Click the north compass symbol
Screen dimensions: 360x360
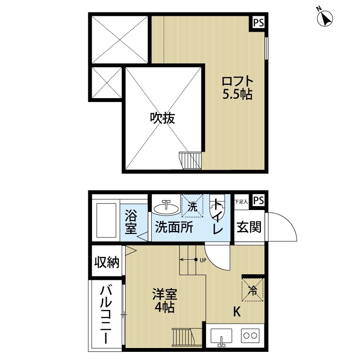pos(324,18)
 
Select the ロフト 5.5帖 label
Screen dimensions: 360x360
pos(237,87)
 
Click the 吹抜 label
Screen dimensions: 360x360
pos(162,119)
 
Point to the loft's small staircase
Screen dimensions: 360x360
pos(190,161)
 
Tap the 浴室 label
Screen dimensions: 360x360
pos(131,221)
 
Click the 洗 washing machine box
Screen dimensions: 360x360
pos(193,206)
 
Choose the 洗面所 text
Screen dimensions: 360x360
pos(174,227)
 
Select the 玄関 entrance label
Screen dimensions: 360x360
pos(249,227)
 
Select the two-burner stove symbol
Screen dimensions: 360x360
pos(249,335)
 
